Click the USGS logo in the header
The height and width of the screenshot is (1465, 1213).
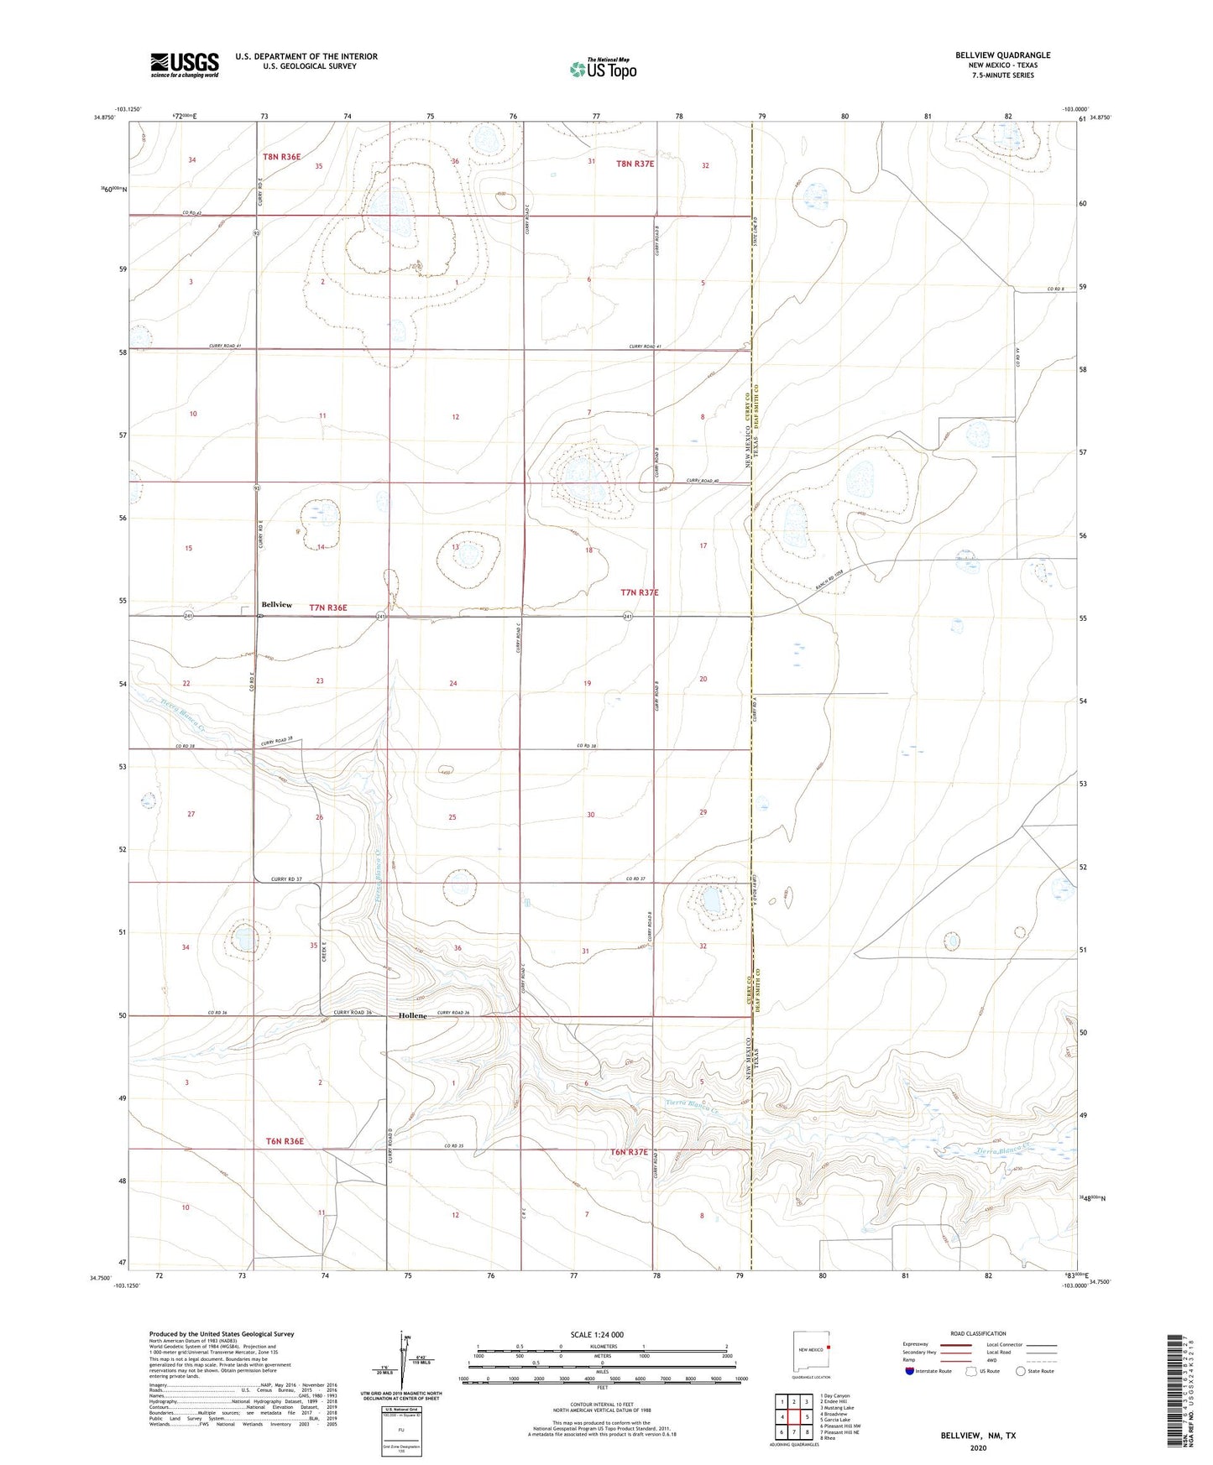(185, 65)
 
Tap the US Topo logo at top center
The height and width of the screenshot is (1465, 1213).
(602, 68)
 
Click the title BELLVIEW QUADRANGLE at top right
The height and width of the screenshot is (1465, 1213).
(1002, 55)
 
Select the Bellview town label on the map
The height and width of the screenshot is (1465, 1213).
(277, 604)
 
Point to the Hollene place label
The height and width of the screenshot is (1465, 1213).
(412, 1015)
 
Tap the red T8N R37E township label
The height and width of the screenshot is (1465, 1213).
(635, 164)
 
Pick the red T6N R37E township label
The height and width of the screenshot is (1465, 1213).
(629, 1152)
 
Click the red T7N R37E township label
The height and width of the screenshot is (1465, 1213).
(640, 592)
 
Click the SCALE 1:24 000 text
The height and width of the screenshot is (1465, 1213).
(597, 1335)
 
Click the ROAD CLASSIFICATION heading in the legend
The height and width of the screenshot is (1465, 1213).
(978, 1333)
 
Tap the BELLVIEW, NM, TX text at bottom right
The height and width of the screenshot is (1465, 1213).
(978, 1436)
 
